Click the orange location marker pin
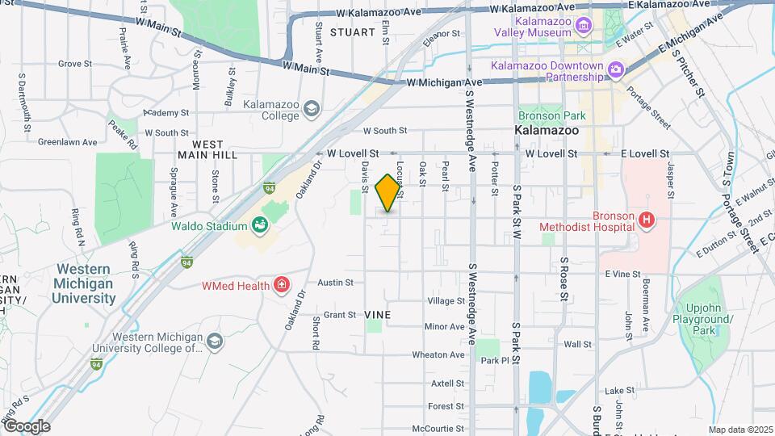pyautogui.click(x=388, y=193)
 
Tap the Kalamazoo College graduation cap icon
pyautogui.click(x=312, y=108)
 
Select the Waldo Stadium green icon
pyautogui.click(x=260, y=226)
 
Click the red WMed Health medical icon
pyautogui.click(x=281, y=284)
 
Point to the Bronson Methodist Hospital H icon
pyautogui.click(x=646, y=220)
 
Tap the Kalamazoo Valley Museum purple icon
pyautogui.click(x=583, y=27)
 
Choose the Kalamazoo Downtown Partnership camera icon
pyautogui.click(x=616, y=70)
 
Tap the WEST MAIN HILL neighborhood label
pyautogui.click(x=207, y=150)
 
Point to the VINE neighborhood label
pyautogui.click(x=377, y=314)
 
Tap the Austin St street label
pyautogui.click(x=336, y=283)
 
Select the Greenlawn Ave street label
pyautogui.click(x=62, y=142)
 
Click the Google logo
pyautogui.click(x=26, y=426)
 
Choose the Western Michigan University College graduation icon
pyautogui.click(x=215, y=342)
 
